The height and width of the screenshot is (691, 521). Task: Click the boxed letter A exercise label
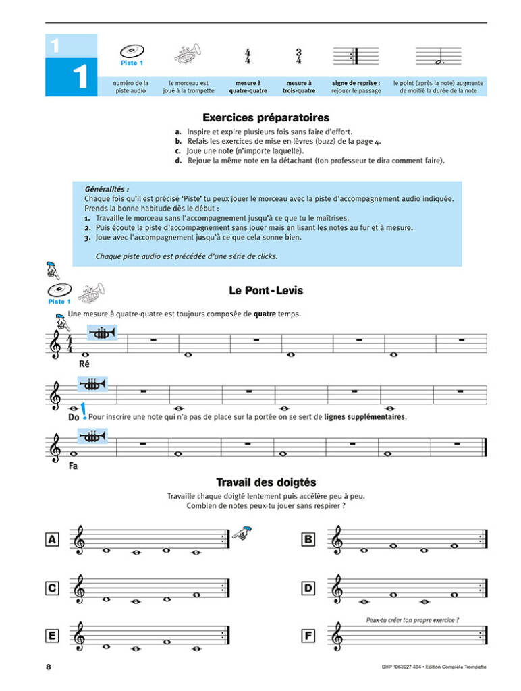click(51, 539)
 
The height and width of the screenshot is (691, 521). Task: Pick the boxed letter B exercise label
click(308, 539)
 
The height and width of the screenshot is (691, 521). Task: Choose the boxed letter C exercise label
click(51, 588)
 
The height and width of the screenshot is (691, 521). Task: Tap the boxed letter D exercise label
click(308, 588)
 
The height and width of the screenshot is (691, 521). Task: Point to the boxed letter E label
click(51, 636)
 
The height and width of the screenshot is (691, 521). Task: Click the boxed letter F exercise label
click(308, 636)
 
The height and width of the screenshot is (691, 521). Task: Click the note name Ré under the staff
click(85, 364)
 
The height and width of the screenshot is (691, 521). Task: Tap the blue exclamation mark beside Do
click(83, 410)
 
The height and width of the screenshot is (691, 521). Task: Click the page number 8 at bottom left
click(49, 667)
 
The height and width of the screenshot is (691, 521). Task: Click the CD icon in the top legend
click(132, 51)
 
